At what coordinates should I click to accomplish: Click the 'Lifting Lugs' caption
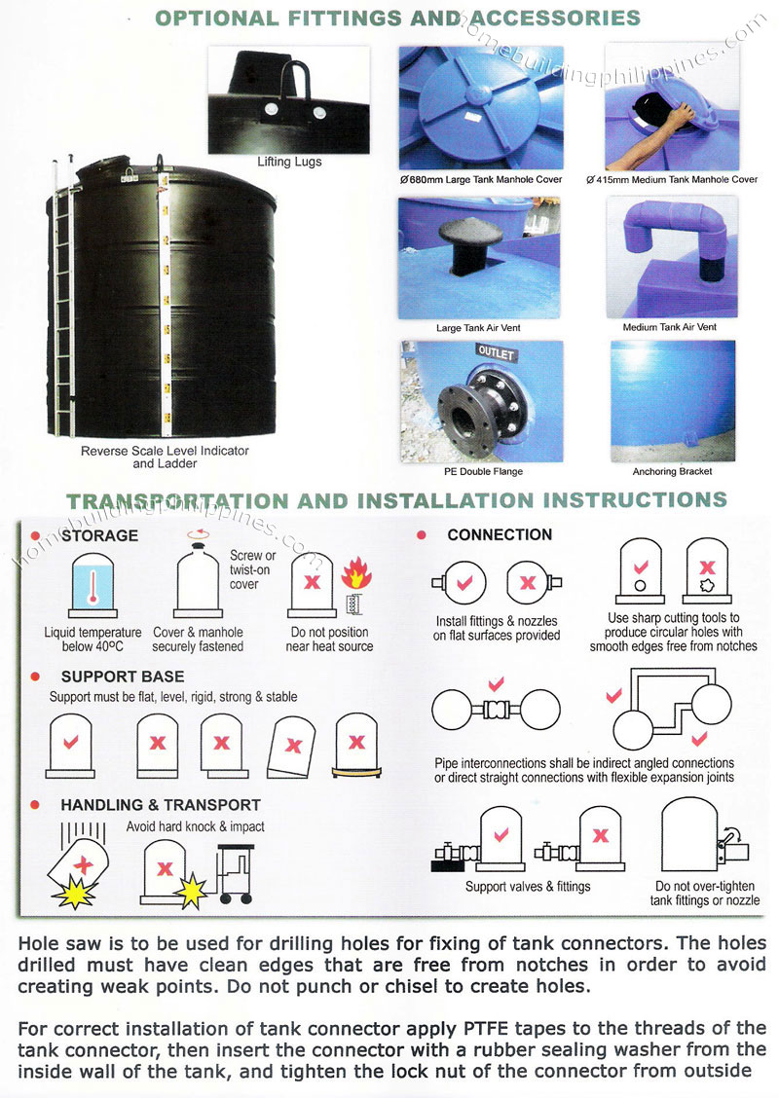[288, 162]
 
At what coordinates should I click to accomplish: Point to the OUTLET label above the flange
[497, 351]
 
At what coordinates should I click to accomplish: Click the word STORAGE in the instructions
[99, 535]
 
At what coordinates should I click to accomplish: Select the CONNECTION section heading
[500, 534]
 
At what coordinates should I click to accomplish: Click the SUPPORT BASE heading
[122, 677]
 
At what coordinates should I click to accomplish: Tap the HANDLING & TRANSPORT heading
[161, 805]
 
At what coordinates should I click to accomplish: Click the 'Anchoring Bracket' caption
[672, 471]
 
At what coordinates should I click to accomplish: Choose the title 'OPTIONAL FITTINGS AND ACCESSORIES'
[398, 18]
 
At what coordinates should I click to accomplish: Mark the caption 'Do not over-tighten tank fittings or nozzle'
[705, 894]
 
